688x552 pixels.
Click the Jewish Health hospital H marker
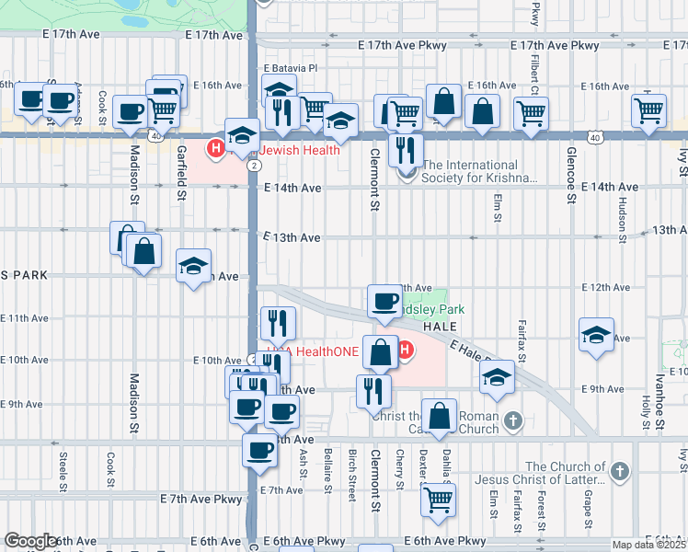216,148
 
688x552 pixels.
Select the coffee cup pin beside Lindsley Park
384,301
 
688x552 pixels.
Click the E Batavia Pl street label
290,68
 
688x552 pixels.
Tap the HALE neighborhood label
440,327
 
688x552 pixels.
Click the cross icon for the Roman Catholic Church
513,421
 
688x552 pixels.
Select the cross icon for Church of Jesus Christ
621,473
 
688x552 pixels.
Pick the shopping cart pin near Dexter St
439,500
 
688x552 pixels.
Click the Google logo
31,540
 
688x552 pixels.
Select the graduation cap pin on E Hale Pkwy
497,376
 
